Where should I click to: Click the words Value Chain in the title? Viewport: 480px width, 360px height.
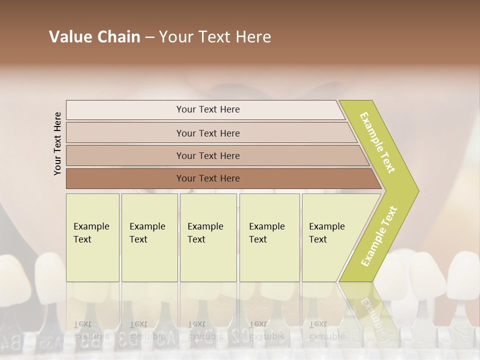pos(94,37)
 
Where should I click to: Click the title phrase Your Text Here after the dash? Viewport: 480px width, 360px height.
pos(215,37)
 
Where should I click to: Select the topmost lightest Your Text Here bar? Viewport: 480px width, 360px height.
pos(208,109)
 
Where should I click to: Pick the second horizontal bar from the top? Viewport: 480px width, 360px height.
pos(208,133)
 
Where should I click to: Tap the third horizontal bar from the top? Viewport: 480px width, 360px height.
pos(208,155)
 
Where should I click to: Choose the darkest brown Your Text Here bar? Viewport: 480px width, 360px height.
pos(208,178)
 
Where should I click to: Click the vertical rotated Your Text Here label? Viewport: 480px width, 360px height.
pos(57,143)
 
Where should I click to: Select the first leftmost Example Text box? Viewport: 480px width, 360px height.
pos(92,237)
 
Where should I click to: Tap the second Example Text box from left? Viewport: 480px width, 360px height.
pos(149,237)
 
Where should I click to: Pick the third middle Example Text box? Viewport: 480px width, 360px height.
pos(207,237)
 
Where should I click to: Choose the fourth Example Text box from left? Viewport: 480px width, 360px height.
pos(269,237)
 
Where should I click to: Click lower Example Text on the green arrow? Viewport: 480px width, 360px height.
pos(379,236)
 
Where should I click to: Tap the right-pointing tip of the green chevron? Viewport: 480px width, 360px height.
pos(416,190)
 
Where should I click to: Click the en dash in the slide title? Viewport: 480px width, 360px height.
pos(149,37)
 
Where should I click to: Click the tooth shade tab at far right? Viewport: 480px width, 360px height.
pos(462,280)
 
